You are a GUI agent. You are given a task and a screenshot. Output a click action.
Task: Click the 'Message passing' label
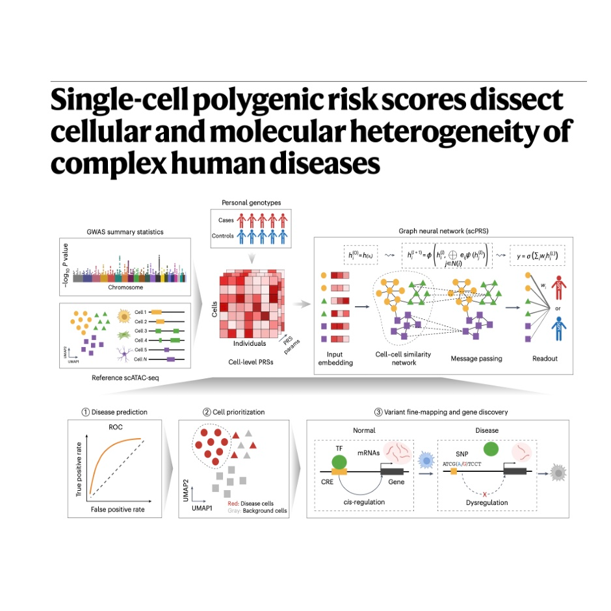(476, 358)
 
